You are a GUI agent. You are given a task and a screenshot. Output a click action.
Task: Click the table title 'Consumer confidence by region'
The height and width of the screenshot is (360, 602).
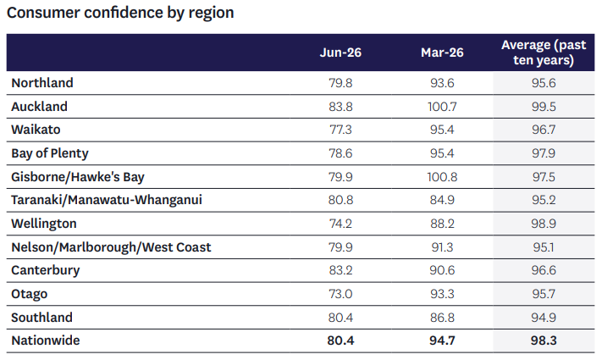120,13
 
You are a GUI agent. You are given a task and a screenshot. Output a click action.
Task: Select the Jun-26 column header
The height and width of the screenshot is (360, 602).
340,53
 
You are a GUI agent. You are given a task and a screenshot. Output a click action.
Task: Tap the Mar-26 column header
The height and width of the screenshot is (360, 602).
442,53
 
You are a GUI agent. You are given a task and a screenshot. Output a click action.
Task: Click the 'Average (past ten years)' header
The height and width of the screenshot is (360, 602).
544,53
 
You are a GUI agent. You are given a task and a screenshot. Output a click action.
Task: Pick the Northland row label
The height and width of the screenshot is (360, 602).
42,83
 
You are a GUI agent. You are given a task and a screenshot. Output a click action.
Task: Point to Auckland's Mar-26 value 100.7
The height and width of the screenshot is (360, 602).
442,107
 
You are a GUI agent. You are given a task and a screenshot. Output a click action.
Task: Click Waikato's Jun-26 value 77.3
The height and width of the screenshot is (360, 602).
340,130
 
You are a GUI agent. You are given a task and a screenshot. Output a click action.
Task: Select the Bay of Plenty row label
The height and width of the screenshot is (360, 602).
50,153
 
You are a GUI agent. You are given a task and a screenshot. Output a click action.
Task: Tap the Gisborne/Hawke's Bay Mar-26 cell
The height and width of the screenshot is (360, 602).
442,177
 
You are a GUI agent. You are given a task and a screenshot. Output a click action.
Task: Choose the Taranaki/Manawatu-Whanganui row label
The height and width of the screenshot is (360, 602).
107,200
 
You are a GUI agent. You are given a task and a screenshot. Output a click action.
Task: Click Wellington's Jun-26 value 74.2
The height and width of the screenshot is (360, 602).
340,224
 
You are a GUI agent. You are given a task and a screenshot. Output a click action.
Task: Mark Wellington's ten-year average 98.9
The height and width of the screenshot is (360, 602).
544,224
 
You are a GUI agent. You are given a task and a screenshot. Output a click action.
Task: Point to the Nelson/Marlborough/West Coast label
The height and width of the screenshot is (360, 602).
111,247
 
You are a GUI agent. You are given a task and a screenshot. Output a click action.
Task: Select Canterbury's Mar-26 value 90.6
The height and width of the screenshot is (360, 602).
442,270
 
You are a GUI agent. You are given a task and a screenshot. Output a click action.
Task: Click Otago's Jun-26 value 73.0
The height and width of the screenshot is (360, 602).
340,294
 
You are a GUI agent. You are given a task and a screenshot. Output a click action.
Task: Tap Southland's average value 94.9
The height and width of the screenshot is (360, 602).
544,318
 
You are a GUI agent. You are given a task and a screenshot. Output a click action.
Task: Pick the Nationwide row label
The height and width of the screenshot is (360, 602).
46,341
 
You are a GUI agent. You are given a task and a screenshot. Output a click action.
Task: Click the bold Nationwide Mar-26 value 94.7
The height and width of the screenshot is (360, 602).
442,341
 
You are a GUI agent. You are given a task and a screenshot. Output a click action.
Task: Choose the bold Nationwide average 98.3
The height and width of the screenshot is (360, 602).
544,341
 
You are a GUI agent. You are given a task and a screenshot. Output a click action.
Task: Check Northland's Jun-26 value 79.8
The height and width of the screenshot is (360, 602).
340,83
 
